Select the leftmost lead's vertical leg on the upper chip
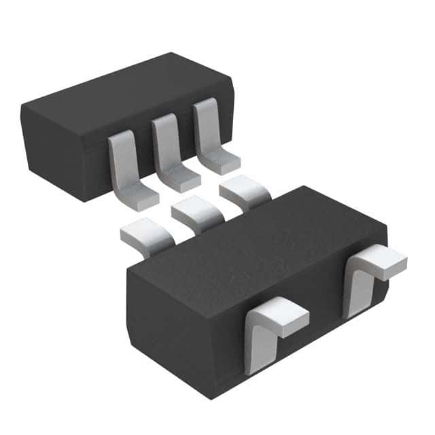122,160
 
